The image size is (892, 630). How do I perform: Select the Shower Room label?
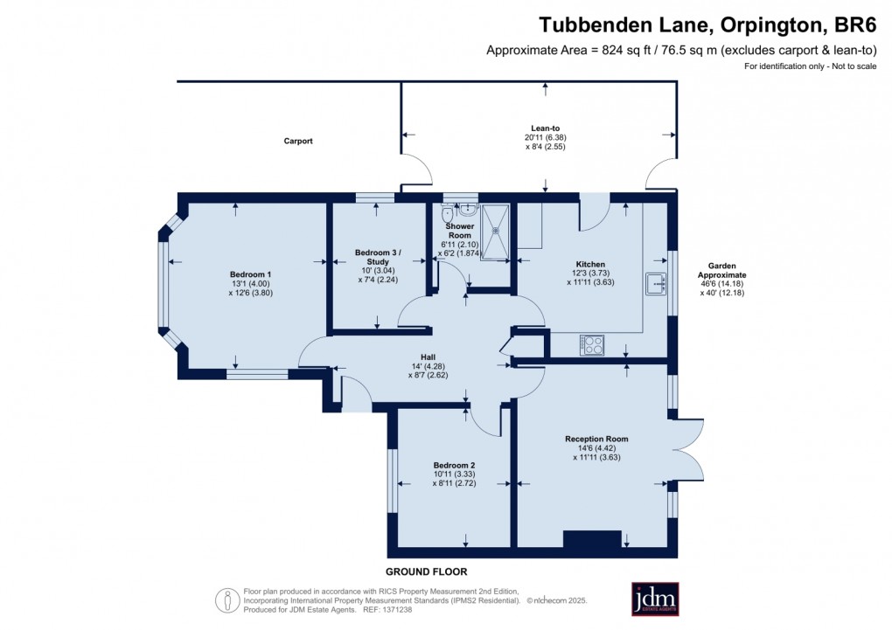coord(459,231)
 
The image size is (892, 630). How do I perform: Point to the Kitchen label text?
coord(590,264)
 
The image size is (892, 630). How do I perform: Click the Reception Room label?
coord(596,439)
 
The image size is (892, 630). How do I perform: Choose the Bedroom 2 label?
coord(454,465)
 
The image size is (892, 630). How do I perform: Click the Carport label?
coord(298,141)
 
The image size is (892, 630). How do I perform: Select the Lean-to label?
coord(546,127)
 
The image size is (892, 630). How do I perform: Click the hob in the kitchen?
coord(591,345)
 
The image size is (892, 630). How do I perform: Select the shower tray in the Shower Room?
coord(496,232)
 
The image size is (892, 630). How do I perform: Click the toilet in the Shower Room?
coord(448,212)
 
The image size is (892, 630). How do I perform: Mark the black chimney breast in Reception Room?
coord(591,540)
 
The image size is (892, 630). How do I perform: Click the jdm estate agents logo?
coord(655,599)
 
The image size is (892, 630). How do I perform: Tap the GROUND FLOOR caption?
coord(428,571)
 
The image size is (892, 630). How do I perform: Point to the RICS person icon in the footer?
coord(227,600)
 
